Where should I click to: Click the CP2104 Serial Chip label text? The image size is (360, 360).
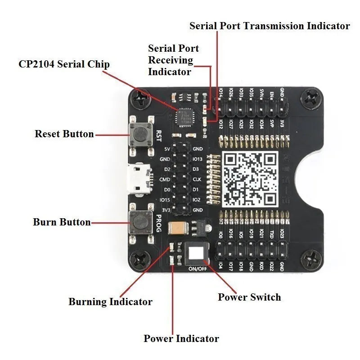64,64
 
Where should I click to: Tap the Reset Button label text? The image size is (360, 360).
64,134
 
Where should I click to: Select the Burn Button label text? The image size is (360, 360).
62,222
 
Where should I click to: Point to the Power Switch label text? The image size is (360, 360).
249,297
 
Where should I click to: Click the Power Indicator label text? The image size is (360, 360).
181,338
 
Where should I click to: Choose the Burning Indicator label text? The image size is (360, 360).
110,301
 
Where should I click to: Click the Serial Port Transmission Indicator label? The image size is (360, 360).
270,26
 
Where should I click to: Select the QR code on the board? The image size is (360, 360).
251,178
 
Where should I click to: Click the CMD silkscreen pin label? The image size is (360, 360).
165,179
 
